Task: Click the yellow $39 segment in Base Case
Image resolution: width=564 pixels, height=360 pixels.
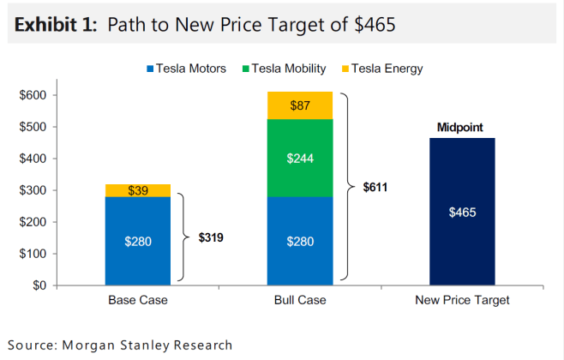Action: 137,190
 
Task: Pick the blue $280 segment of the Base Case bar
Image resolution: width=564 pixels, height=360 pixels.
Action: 137,241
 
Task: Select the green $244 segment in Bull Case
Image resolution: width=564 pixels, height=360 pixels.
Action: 300,158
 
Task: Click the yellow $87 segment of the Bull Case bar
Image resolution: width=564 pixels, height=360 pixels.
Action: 300,105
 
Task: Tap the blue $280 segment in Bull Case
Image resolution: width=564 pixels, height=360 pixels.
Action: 300,241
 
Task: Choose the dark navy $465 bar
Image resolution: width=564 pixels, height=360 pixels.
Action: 462,212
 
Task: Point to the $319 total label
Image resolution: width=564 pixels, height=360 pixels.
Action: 210,237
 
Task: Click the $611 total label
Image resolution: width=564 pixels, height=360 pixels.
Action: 375,186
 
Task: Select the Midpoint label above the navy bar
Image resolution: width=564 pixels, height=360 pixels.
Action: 460,128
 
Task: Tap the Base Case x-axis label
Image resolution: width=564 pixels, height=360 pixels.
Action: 137,301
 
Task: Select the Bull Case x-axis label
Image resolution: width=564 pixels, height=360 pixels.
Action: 299,301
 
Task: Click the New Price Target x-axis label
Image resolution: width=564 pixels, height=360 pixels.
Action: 462,301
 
